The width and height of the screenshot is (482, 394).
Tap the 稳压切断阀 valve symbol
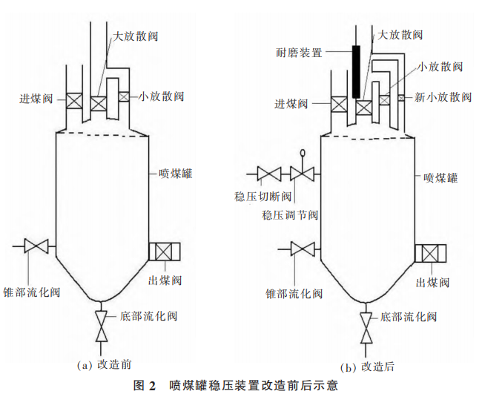267,175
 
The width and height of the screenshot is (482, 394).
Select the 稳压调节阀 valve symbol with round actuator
302,174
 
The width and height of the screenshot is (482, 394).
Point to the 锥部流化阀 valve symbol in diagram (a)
36,246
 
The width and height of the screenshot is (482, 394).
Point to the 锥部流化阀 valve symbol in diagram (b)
300,247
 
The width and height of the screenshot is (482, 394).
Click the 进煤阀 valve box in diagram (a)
74,101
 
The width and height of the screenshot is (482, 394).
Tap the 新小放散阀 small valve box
400,98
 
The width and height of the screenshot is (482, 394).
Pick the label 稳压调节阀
290,215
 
